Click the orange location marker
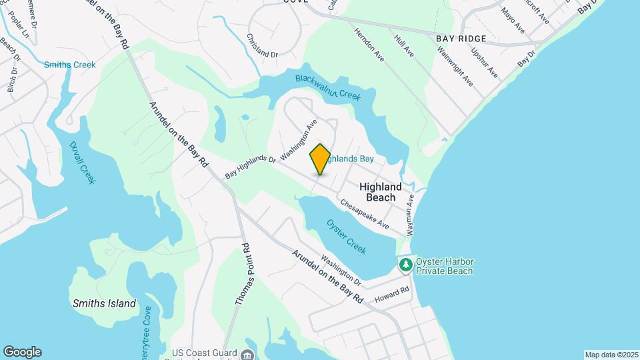[321, 159]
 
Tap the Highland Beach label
[381, 192]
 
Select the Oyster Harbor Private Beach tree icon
[405, 265]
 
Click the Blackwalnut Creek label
[327, 87]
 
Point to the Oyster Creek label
[347, 236]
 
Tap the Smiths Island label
[104, 303]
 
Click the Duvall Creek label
[83, 163]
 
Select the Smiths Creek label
[70, 65]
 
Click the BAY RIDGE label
[459, 39]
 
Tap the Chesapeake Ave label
[365, 213]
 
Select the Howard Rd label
[391, 294]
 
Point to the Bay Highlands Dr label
[250, 167]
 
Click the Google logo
[22, 352]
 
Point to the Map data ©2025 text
[610, 355]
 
